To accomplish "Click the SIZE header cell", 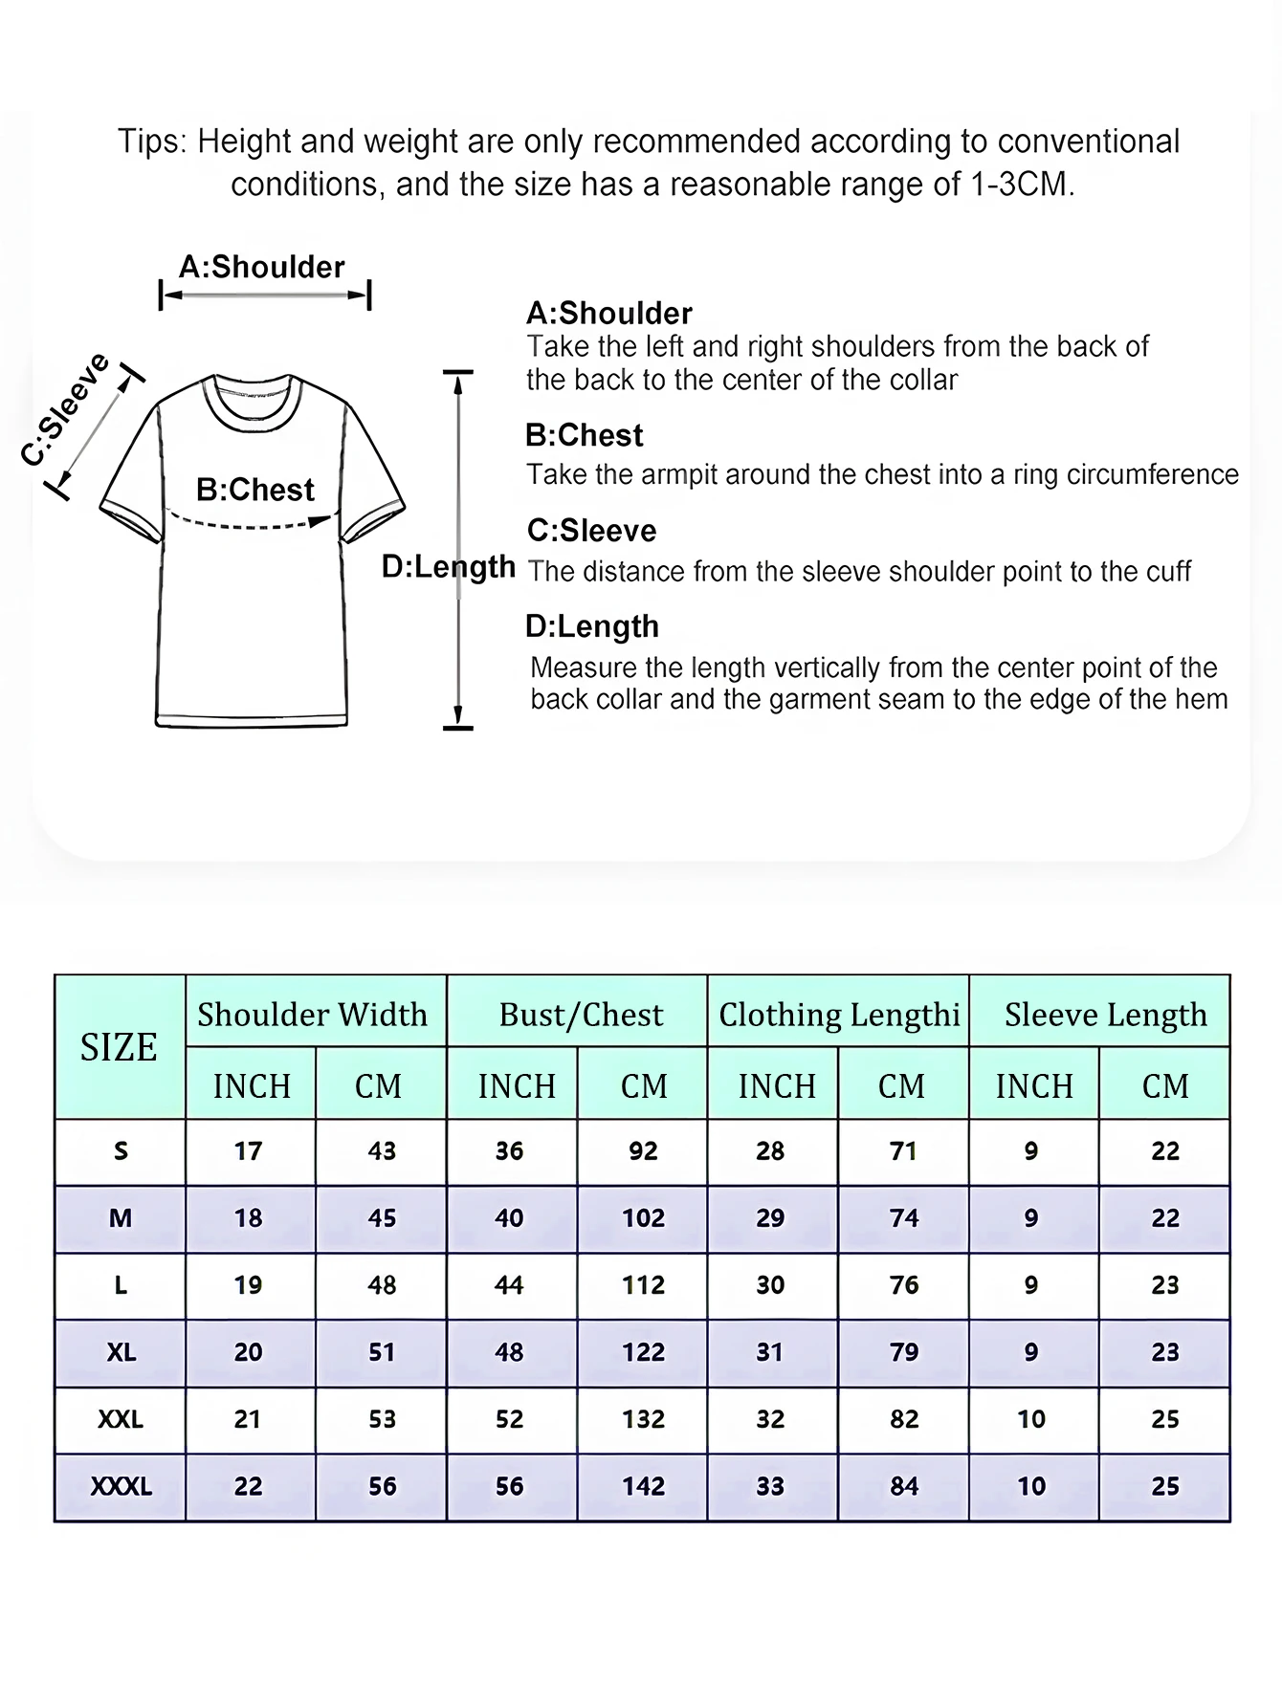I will (119, 1048).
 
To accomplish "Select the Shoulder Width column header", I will (313, 1014).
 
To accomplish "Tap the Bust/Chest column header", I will (581, 1014).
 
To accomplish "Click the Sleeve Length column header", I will (1105, 1014).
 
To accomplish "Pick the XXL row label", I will (121, 1419).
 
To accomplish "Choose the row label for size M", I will (121, 1218).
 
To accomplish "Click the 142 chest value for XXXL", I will (643, 1486).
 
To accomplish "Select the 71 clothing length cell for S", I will (903, 1150).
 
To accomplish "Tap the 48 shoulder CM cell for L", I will (382, 1285).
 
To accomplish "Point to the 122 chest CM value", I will (643, 1352).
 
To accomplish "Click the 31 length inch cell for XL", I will (770, 1352).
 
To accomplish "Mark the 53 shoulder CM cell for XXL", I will (382, 1419).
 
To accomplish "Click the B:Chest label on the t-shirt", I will (254, 490).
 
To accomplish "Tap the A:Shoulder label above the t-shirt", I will (262, 267).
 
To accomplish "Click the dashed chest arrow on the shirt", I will (249, 524).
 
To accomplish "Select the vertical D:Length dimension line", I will (458, 650).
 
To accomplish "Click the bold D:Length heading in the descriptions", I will (592, 626).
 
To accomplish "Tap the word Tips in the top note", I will (150, 142).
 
